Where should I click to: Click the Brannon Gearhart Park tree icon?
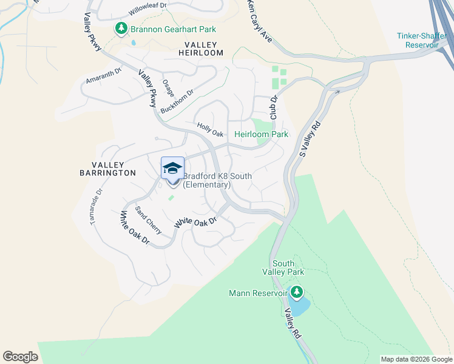(121, 29)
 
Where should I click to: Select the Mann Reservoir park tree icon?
(297, 293)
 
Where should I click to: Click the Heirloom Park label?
(261, 134)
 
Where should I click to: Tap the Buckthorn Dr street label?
(177, 102)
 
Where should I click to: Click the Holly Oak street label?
(210, 129)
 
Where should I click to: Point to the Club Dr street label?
(273, 107)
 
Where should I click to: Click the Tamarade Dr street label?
(97, 208)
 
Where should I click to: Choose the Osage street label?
(168, 88)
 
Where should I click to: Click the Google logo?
(20, 357)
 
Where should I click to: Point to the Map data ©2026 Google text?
(416, 359)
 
